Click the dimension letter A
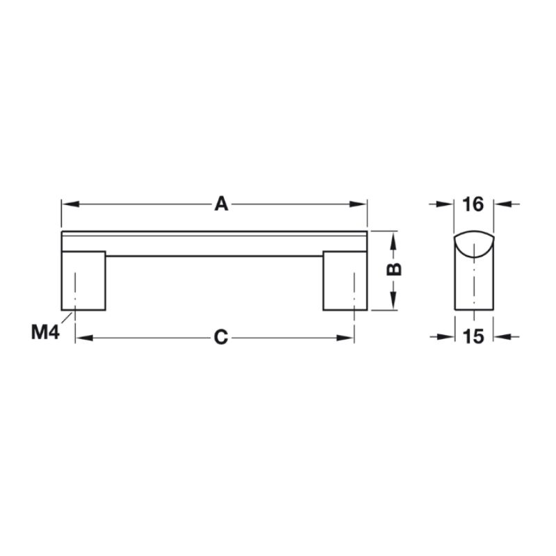click(221, 204)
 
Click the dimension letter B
click(393, 270)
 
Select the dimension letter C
click(221, 337)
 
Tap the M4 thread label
click(45, 333)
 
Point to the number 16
click(473, 204)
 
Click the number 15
click(473, 336)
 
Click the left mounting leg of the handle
click(83, 281)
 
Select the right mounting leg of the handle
click(345, 281)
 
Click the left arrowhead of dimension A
click(70, 204)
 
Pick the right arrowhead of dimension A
click(358, 204)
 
